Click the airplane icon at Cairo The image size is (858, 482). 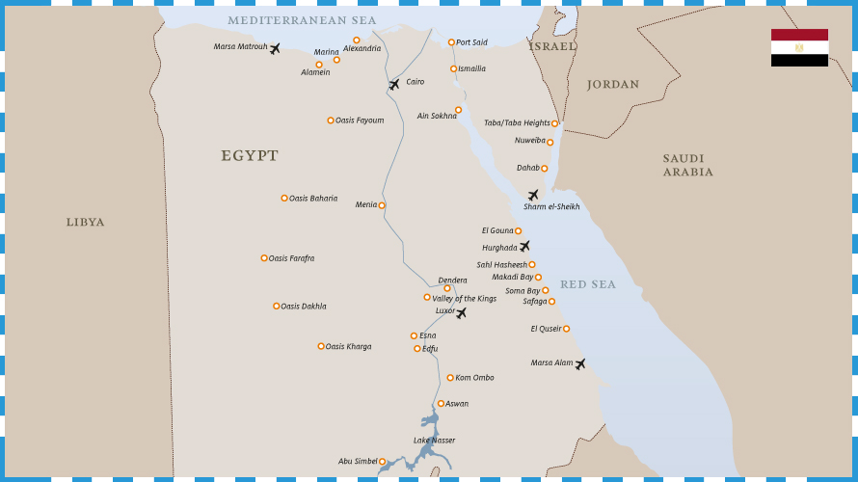pos(393,85)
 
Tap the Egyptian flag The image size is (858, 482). pos(799,47)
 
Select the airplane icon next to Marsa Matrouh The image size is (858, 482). pos(275,48)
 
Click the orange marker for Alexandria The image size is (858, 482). pos(357,40)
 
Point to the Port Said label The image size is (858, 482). pos(471,42)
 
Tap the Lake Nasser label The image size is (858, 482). pos(434,441)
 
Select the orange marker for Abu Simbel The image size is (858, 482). pos(382,462)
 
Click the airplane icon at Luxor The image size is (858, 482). pos(461,312)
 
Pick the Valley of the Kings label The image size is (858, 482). pos(464,299)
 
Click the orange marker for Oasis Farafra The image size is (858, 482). pos(264,258)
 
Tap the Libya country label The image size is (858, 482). pos(85,223)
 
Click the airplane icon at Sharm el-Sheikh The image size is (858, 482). pos(533,195)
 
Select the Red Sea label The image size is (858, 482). pos(587,284)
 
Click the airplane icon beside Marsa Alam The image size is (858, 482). pos(580,364)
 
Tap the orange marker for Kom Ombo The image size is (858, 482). pos(450,378)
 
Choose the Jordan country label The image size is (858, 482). pos(612,85)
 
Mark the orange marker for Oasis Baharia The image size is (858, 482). pos(284,199)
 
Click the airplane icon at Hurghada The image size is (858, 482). pos(524,247)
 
